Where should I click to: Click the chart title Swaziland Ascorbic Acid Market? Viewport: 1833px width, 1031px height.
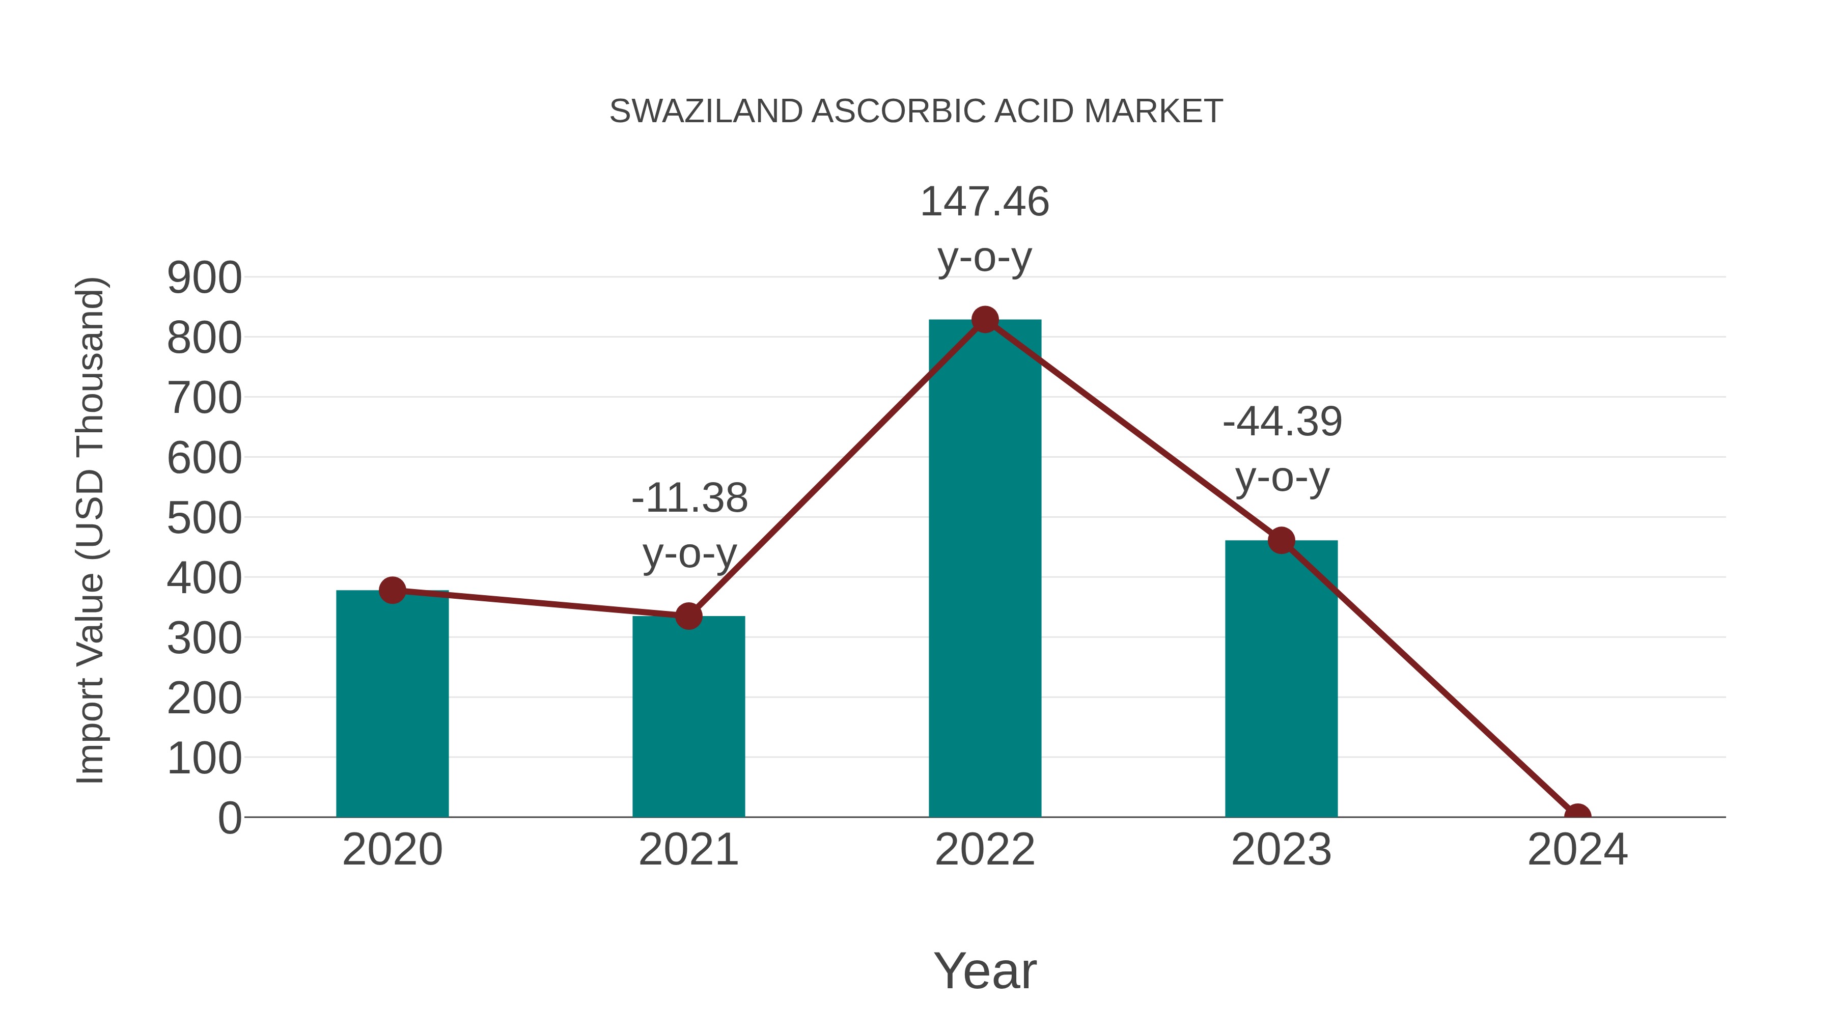[916, 112]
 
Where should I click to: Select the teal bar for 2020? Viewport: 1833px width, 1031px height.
[392, 705]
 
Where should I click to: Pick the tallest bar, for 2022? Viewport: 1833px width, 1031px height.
[985, 569]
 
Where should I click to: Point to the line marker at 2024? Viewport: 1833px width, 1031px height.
[1577, 816]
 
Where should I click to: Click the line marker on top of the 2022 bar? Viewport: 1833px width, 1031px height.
[985, 320]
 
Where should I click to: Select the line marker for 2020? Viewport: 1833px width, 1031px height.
[392, 590]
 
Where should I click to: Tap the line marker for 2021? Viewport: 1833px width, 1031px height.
[688, 616]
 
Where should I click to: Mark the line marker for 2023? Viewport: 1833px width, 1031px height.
[1281, 541]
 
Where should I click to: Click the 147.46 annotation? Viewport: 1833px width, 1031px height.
[984, 202]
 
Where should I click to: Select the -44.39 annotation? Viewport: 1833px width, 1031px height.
[1282, 422]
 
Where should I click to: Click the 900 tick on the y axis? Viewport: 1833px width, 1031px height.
[204, 278]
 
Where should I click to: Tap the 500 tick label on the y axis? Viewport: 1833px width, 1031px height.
[204, 519]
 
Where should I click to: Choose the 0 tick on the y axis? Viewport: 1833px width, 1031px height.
[229, 818]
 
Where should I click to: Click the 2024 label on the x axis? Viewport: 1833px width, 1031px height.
[1577, 850]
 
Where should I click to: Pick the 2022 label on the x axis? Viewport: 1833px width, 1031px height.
[985, 850]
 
